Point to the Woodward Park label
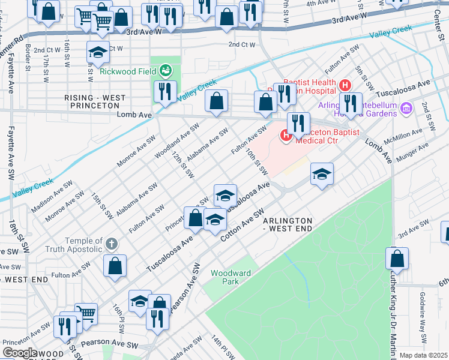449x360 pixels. [x=231, y=277]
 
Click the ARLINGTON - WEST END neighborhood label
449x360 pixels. [x=288, y=225]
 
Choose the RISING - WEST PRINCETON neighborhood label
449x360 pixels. [x=95, y=101]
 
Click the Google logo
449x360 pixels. [x=19, y=353]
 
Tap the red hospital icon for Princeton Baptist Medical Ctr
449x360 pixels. [x=286, y=136]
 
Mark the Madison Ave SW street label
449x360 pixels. [x=52, y=195]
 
